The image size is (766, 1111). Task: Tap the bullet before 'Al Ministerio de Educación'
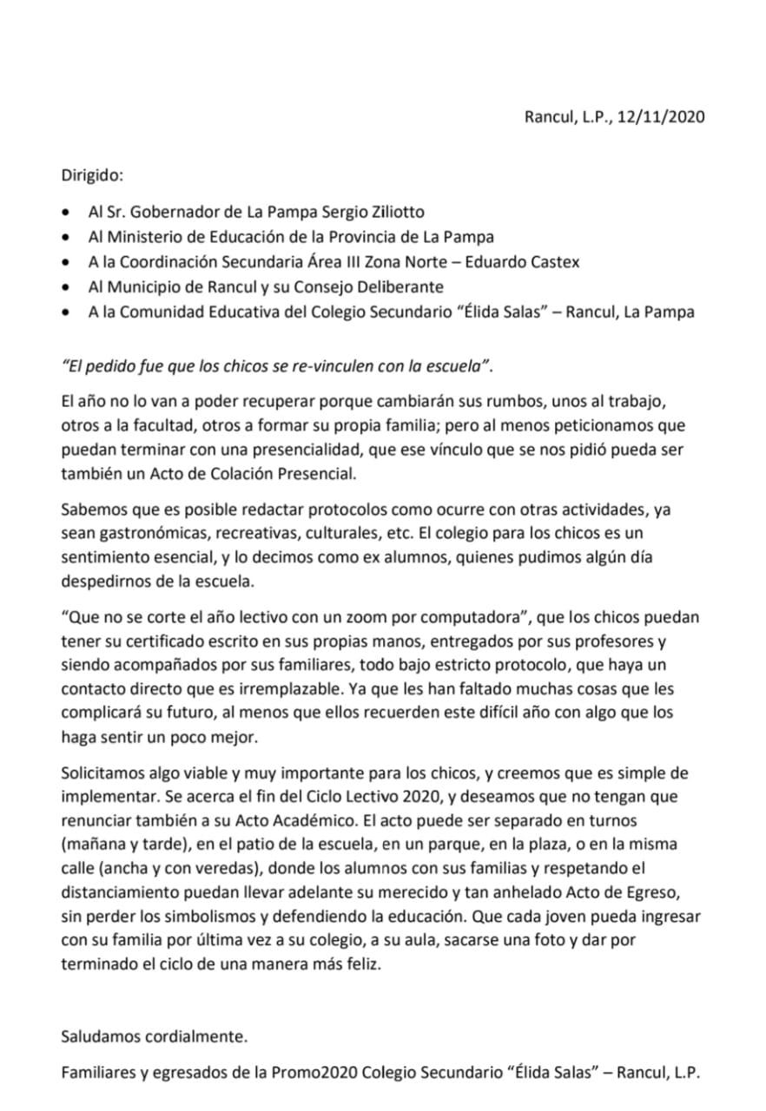[68, 237]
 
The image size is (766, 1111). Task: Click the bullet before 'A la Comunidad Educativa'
[68, 312]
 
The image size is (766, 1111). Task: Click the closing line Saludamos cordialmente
[155, 1035]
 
